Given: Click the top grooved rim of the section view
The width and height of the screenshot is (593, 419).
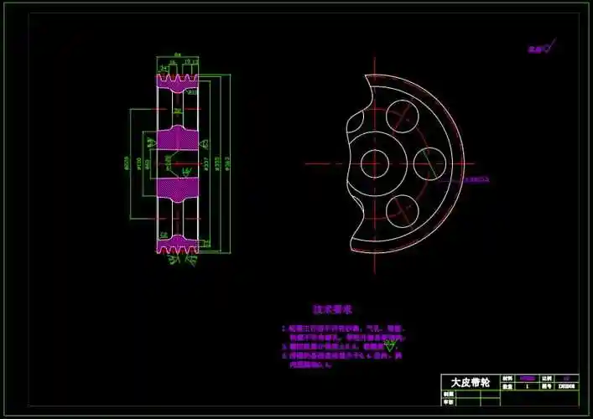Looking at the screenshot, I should [x=177, y=81].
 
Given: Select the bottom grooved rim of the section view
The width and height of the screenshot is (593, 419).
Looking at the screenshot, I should [x=177, y=244].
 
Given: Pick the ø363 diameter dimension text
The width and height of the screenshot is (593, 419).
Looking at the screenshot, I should [x=228, y=163].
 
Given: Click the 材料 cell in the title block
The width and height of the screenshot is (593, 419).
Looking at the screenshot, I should [x=507, y=379].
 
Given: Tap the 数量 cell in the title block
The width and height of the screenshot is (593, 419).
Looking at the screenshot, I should [x=507, y=387].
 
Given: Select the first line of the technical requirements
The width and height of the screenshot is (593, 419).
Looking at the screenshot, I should [x=344, y=329].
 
